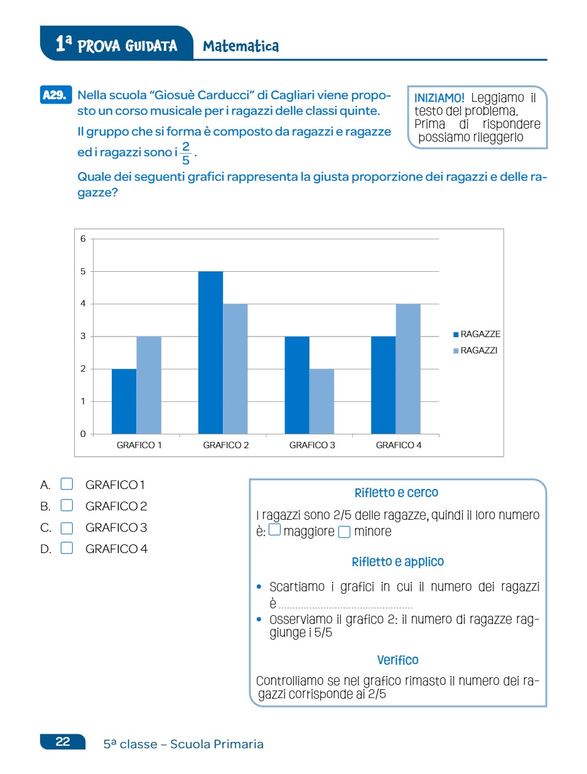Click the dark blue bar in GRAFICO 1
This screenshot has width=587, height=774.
tap(124, 401)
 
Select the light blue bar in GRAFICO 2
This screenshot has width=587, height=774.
tap(235, 368)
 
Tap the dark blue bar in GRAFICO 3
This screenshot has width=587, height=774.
tap(297, 385)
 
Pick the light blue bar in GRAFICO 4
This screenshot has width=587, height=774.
tap(408, 368)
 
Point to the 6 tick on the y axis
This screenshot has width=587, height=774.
tap(83, 239)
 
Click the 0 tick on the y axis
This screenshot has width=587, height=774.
tap(83, 434)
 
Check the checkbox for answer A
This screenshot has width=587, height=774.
tap(67, 484)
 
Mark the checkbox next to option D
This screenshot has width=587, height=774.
tap(67, 549)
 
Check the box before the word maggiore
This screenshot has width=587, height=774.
tap(274, 531)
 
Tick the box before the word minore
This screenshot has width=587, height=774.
tap(344, 532)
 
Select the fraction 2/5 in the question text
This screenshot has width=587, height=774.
tap(185, 153)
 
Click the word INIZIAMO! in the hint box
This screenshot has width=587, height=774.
tap(439, 99)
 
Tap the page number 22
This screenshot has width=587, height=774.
tap(63, 741)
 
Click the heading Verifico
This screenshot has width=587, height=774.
tap(397, 660)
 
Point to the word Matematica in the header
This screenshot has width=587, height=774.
tap(241, 46)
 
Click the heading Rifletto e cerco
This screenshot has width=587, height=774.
tap(396, 493)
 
